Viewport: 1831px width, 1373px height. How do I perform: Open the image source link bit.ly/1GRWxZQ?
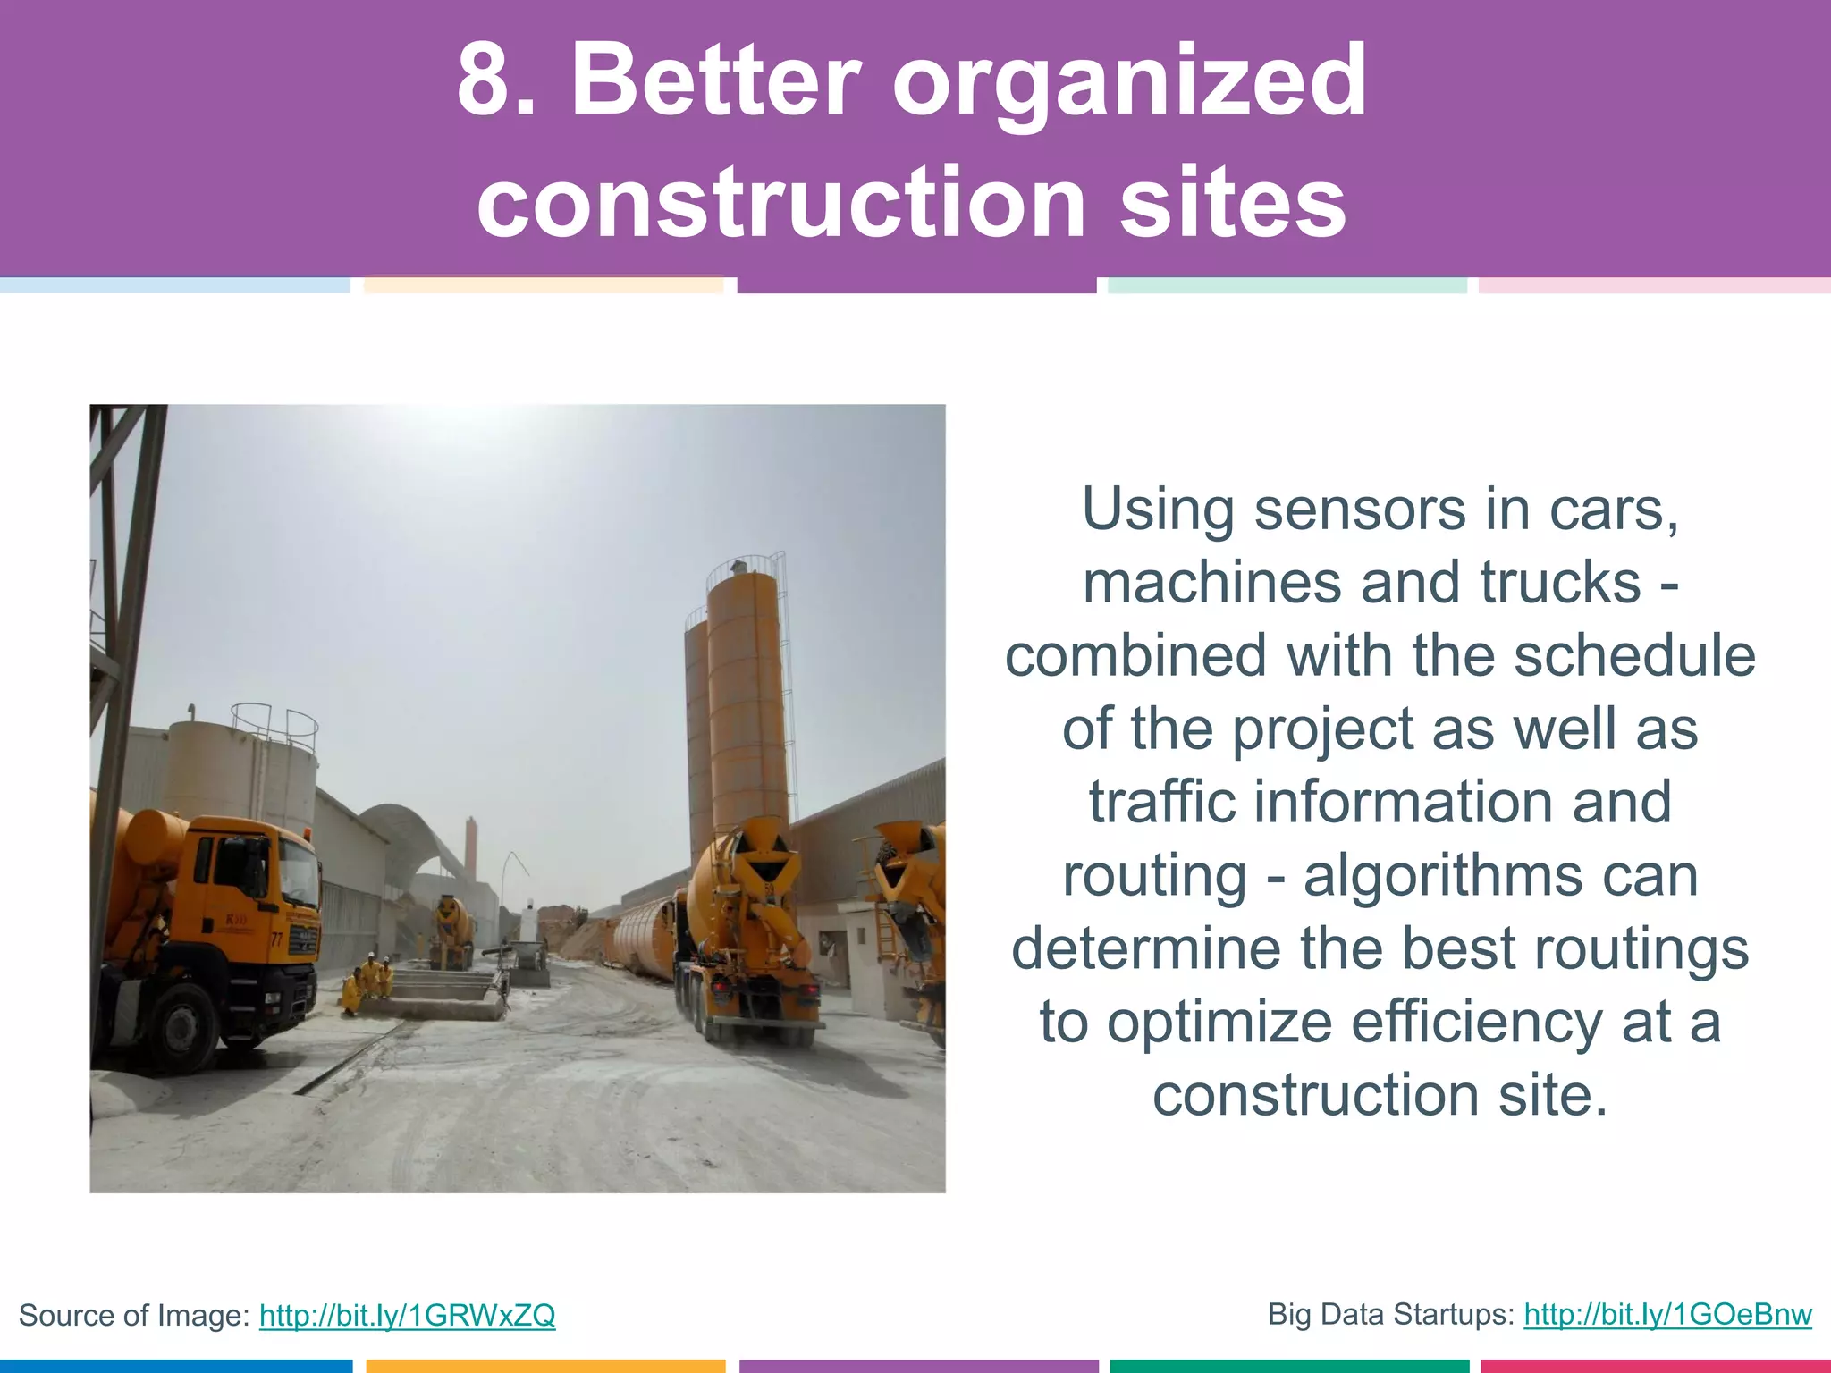coord(407,1315)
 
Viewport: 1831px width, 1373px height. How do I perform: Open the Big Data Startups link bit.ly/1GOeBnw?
coord(1667,1314)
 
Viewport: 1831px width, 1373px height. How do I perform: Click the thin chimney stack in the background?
coord(469,849)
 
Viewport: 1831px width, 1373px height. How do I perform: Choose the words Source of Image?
coord(133,1315)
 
